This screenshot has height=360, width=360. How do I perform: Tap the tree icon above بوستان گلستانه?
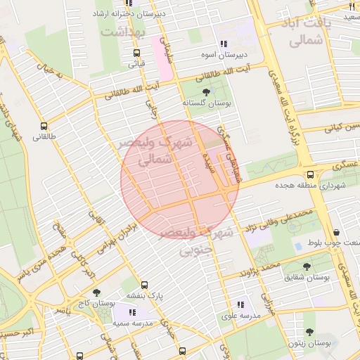point(206,92)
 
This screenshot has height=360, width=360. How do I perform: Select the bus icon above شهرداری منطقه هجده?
point(311,175)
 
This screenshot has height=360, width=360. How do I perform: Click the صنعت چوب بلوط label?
point(333,243)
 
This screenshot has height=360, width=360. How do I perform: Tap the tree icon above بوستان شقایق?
point(308,266)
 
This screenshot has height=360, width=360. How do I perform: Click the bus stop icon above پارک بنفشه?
point(144,285)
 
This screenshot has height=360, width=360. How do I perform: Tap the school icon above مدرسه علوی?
point(240,304)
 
